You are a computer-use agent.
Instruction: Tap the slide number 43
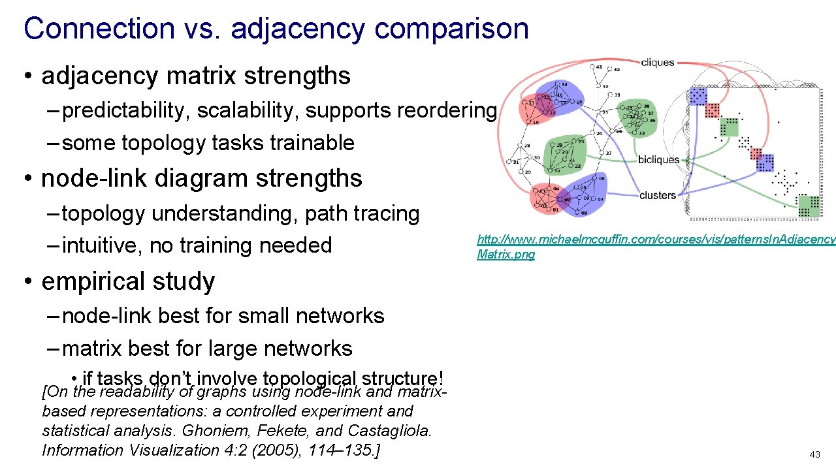pos(814,454)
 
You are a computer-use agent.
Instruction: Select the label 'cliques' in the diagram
pos(657,63)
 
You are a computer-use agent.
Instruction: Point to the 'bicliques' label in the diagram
pos(658,159)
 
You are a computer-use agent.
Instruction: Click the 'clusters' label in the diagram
pos(658,195)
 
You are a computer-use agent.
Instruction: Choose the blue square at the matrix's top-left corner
pos(698,96)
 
